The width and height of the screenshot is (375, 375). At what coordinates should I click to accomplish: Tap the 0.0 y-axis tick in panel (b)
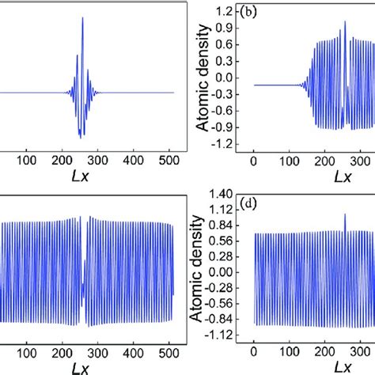tap(229, 78)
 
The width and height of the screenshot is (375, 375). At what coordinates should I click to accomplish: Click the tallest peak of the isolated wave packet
tap(83, 18)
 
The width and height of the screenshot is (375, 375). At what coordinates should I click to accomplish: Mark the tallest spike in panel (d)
tap(345, 214)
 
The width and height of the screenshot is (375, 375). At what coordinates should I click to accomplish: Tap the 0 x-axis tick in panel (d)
tap(254, 351)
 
